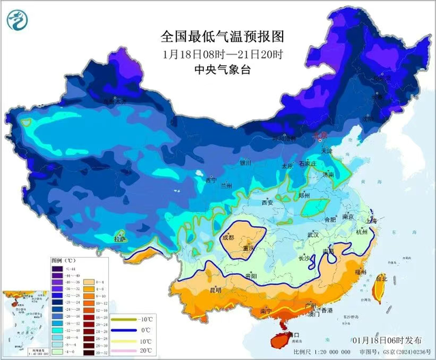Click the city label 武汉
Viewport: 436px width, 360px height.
click(x=314, y=234)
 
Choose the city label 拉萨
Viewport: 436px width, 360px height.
click(x=120, y=239)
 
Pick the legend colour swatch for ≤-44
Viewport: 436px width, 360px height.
click(x=57, y=269)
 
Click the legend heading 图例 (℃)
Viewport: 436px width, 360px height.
click(x=65, y=261)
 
